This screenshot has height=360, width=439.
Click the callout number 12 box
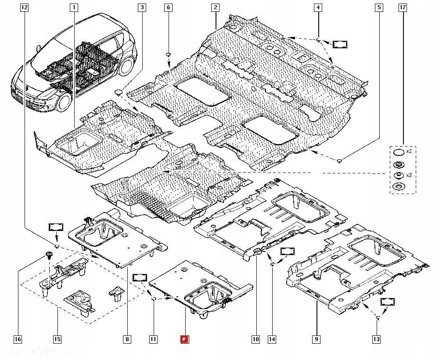click(x=24, y=7)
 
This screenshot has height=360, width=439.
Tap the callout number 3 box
click(x=142, y=7)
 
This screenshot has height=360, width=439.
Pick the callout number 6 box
click(x=169, y=7)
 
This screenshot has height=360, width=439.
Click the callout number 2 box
click(x=215, y=7)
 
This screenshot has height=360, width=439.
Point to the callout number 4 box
click(x=318, y=7)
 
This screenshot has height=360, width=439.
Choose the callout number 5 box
click(x=378, y=7)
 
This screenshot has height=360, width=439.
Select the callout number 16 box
click(x=18, y=339)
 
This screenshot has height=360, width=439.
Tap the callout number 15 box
click(x=57, y=339)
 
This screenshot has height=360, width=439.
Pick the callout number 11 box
click(x=153, y=339)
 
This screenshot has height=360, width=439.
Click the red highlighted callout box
click(x=185, y=339)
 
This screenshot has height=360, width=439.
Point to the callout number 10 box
click(x=255, y=339)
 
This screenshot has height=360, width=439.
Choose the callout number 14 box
click(x=272, y=339)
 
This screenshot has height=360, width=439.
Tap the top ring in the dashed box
click(x=398, y=152)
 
